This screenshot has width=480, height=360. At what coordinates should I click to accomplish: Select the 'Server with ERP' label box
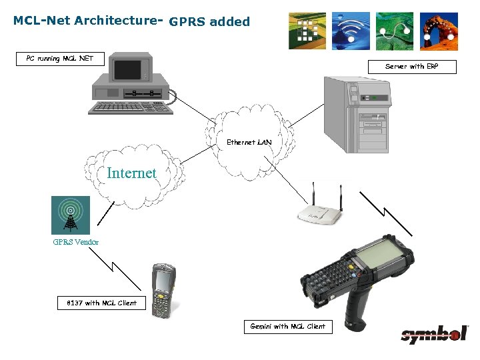click(x=412, y=67)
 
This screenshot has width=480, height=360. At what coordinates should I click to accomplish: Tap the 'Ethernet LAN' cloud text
click(x=249, y=142)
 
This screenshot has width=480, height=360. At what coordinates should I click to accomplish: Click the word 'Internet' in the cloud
click(x=131, y=173)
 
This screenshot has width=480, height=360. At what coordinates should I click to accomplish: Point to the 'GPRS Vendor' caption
click(x=76, y=242)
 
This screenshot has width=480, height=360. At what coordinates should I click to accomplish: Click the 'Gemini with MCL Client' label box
click(x=288, y=326)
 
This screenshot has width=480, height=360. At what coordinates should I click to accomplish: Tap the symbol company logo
click(x=434, y=334)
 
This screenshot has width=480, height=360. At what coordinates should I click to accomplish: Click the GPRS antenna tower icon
click(x=71, y=215)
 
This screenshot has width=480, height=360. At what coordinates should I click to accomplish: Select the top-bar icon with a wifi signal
click(x=351, y=31)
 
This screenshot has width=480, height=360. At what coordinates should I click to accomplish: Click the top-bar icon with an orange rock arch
click(x=438, y=31)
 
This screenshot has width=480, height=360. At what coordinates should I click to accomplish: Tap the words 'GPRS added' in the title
click(x=209, y=22)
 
